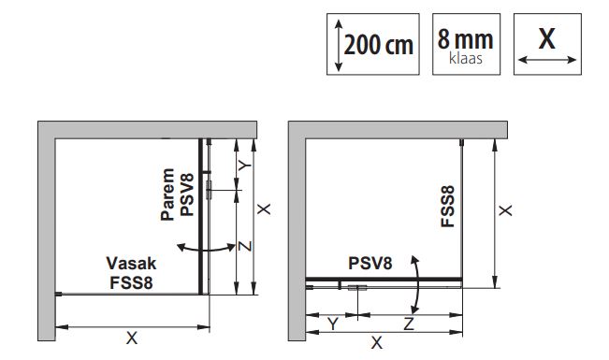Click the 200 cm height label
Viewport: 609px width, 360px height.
[x=379, y=45]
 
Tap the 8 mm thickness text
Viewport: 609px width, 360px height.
[x=465, y=39]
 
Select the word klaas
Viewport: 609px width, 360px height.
[x=466, y=58]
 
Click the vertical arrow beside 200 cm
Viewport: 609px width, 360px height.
[x=339, y=46]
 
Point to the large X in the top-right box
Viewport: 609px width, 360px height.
[x=547, y=38]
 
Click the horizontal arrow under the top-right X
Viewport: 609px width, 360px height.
[x=547, y=60]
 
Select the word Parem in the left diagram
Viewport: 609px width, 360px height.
[x=167, y=194]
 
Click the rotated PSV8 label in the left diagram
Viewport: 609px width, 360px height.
[x=187, y=194]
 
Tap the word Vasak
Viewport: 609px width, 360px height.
[x=131, y=264]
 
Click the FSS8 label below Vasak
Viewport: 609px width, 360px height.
[x=131, y=282]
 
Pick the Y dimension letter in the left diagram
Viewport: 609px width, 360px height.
[x=245, y=166]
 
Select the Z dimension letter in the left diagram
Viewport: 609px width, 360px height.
[x=245, y=246]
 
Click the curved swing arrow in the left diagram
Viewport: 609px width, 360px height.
[x=206, y=249]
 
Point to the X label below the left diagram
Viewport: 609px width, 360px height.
[x=132, y=338]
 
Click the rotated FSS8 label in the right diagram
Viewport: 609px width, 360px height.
[x=448, y=207]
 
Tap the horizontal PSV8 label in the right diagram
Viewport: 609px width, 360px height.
[x=370, y=264]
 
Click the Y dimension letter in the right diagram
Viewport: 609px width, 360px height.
[x=333, y=324]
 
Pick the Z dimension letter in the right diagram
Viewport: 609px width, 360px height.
[x=409, y=324]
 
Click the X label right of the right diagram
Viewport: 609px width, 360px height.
[x=505, y=210]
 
